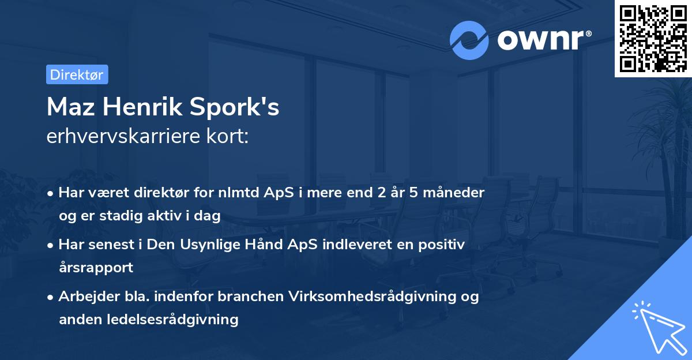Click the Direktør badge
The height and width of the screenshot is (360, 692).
[77, 74]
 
